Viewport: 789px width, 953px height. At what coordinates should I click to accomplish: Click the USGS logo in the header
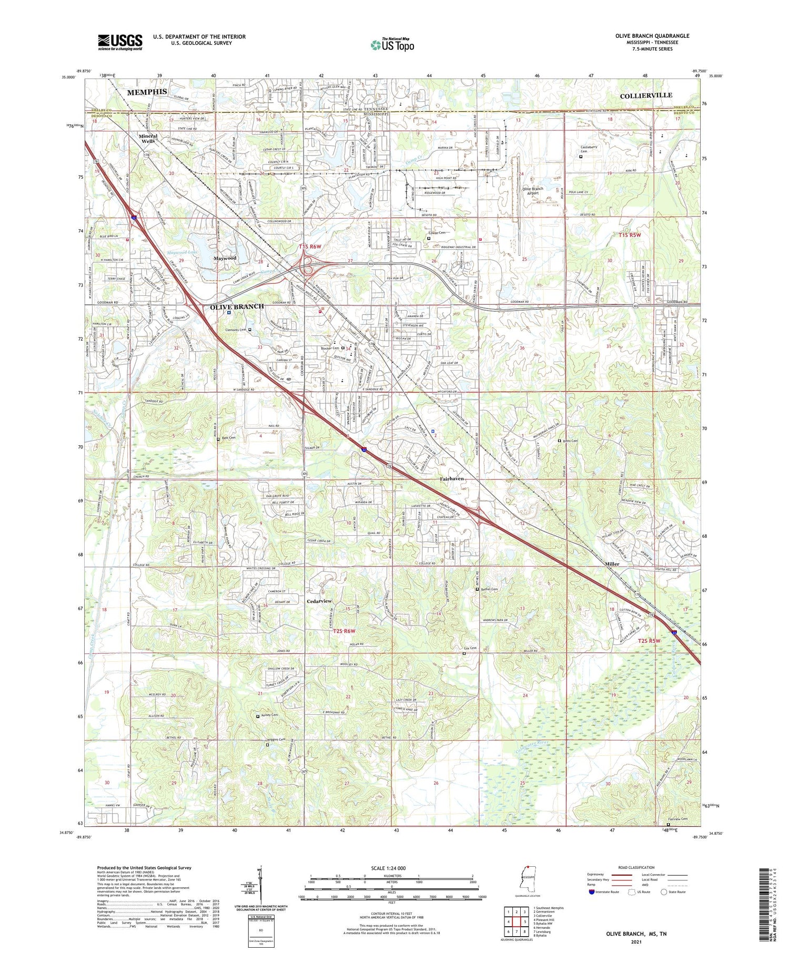click(x=120, y=42)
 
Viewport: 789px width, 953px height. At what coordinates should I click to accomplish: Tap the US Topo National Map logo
click(x=392, y=45)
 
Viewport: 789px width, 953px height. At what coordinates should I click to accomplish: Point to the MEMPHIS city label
click(x=147, y=91)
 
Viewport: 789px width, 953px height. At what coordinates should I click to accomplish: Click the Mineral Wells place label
click(x=148, y=138)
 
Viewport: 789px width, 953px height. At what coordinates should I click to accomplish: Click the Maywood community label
click(x=225, y=259)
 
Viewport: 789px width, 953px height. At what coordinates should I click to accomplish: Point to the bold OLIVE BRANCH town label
click(x=237, y=306)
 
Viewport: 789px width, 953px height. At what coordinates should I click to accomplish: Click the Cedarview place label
click(x=319, y=601)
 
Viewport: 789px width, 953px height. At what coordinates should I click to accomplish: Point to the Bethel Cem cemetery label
click(x=489, y=589)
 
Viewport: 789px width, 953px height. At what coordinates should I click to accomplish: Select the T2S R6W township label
click(x=344, y=631)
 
